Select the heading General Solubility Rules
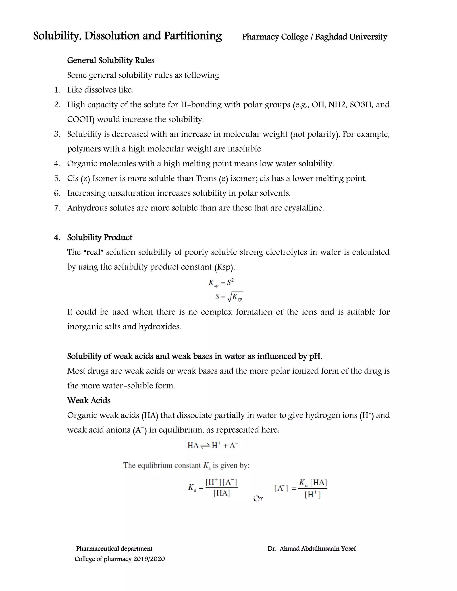[111, 60]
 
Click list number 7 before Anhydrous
[57, 208]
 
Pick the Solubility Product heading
[100, 237]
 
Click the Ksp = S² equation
[221, 283]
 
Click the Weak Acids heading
[89, 400]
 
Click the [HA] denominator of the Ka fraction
[221, 493]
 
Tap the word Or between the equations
[258, 498]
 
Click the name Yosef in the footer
[348, 549]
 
